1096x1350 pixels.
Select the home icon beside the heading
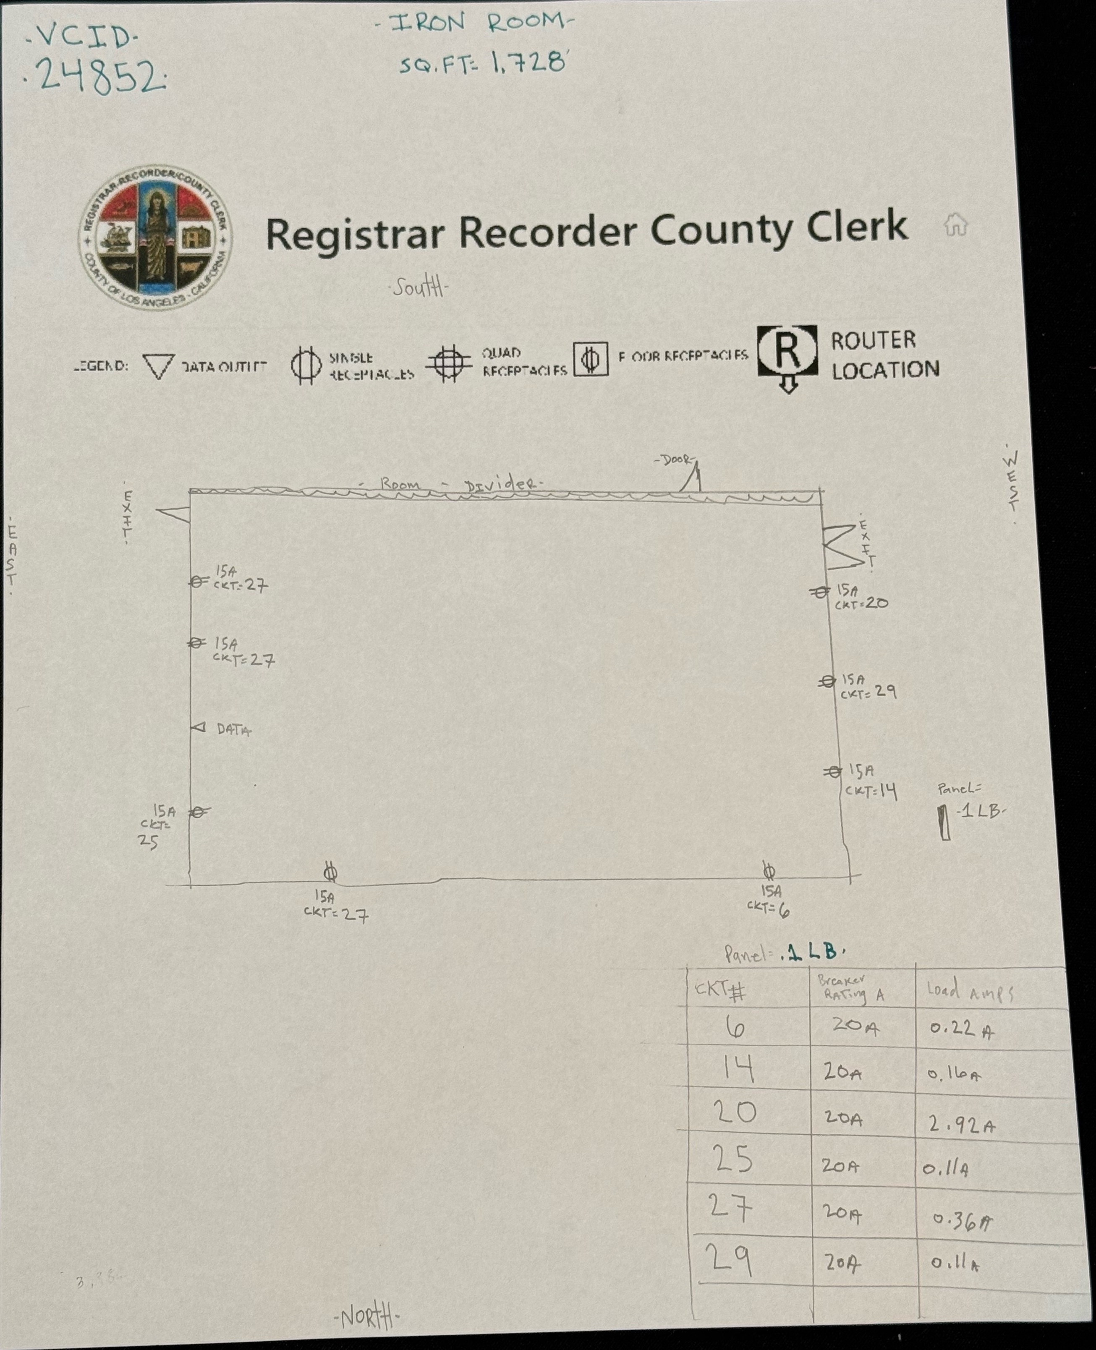955,225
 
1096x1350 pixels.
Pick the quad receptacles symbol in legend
448,363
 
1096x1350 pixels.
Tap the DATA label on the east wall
233,730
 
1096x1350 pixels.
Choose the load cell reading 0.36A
962,1222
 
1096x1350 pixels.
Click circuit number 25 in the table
732,1160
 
